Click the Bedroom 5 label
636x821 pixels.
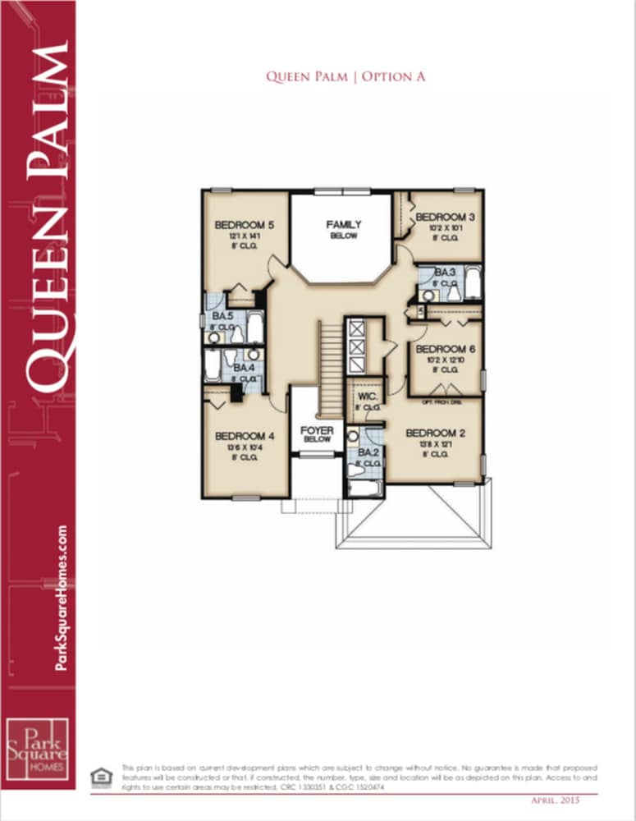coord(243,225)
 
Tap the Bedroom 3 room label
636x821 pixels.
coord(444,217)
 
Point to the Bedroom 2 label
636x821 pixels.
coord(436,433)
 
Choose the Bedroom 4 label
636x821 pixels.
coord(244,436)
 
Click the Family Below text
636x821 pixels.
coord(343,229)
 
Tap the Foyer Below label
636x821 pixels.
coord(316,434)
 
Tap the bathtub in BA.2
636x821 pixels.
coord(365,488)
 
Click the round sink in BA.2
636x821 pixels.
coord(353,436)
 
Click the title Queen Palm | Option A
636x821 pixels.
coord(345,76)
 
